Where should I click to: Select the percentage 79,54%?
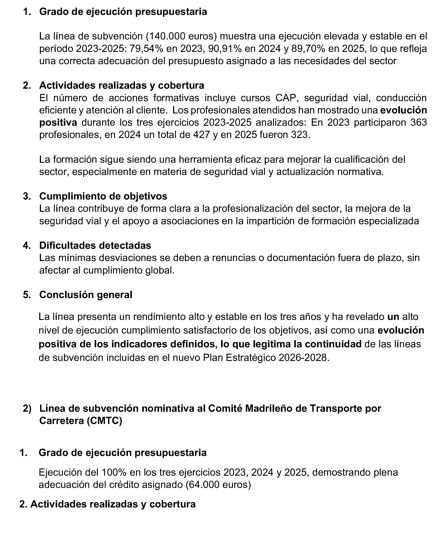click(x=147, y=49)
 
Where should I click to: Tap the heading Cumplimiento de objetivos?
click(x=103, y=196)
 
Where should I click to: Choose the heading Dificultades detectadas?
click(x=95, y=246)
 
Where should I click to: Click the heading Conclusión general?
click(x=86, y=295)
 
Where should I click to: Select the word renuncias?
click(x=233, y=258)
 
